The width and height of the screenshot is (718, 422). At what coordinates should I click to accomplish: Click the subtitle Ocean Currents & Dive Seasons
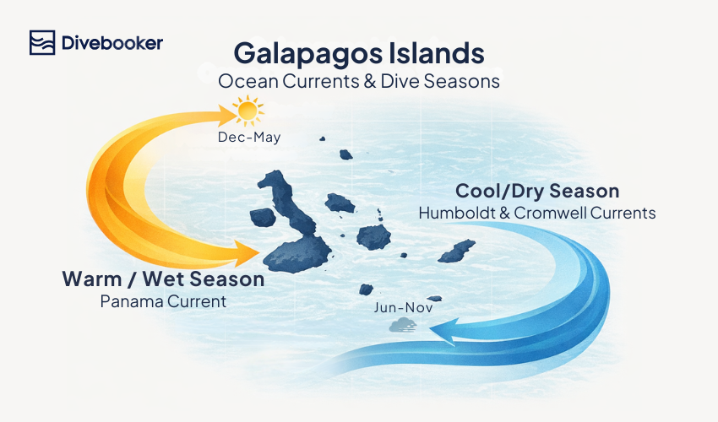click(x=359, y=82)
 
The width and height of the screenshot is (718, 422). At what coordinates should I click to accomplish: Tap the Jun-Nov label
click(x=403, y=307)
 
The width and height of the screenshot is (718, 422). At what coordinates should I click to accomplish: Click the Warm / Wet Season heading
click(x=163, y=279)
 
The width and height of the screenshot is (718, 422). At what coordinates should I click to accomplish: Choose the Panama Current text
click(x=163, y=300)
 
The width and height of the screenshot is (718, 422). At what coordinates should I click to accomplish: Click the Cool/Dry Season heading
click(x=537, y=191)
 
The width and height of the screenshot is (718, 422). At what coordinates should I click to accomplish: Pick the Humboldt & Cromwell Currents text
click(x=537, y=213)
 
